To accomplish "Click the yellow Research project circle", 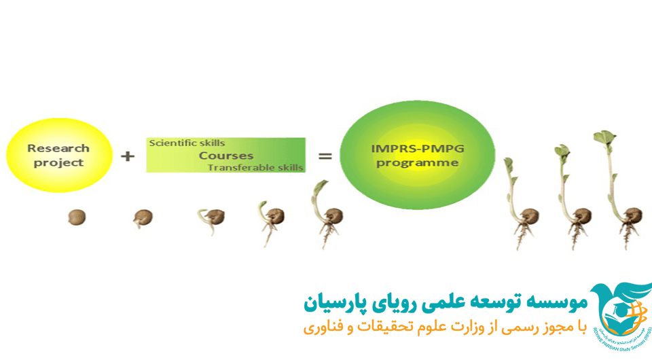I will [58, 155].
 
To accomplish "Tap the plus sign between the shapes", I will [128, 156].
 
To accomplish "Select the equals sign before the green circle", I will [325, 156].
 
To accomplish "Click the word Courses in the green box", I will [225, 156].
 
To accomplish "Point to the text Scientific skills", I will [187, 143].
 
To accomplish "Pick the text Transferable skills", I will [256, 168].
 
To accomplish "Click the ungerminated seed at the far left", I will [77, 217].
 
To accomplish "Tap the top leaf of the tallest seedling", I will [604, 137].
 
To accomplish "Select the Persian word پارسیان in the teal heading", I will [331, 303].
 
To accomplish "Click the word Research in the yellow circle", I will [58, 148].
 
